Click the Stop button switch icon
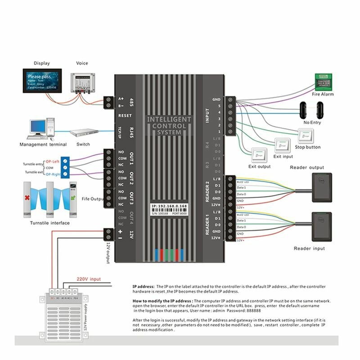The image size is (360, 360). coord(305,135)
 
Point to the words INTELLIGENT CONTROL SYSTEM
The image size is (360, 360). coord(169,126)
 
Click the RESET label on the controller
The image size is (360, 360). coord(124,115)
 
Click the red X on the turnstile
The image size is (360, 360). coord(28,198)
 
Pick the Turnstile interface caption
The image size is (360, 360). coord(49,223)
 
